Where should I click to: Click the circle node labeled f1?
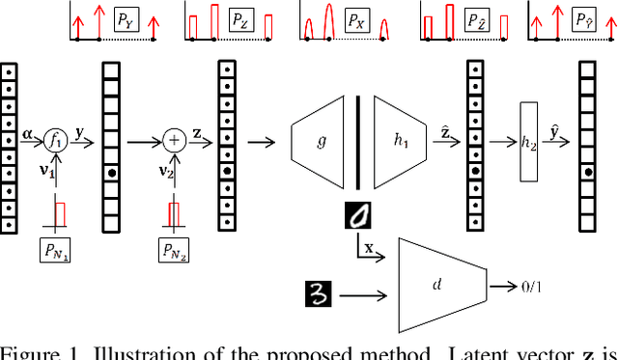pos(55,142)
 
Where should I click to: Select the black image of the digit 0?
pos(358,214)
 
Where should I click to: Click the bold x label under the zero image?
pos(369,249)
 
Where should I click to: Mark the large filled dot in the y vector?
pos(114,174)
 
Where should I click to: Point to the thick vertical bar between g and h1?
pos(358,142)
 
